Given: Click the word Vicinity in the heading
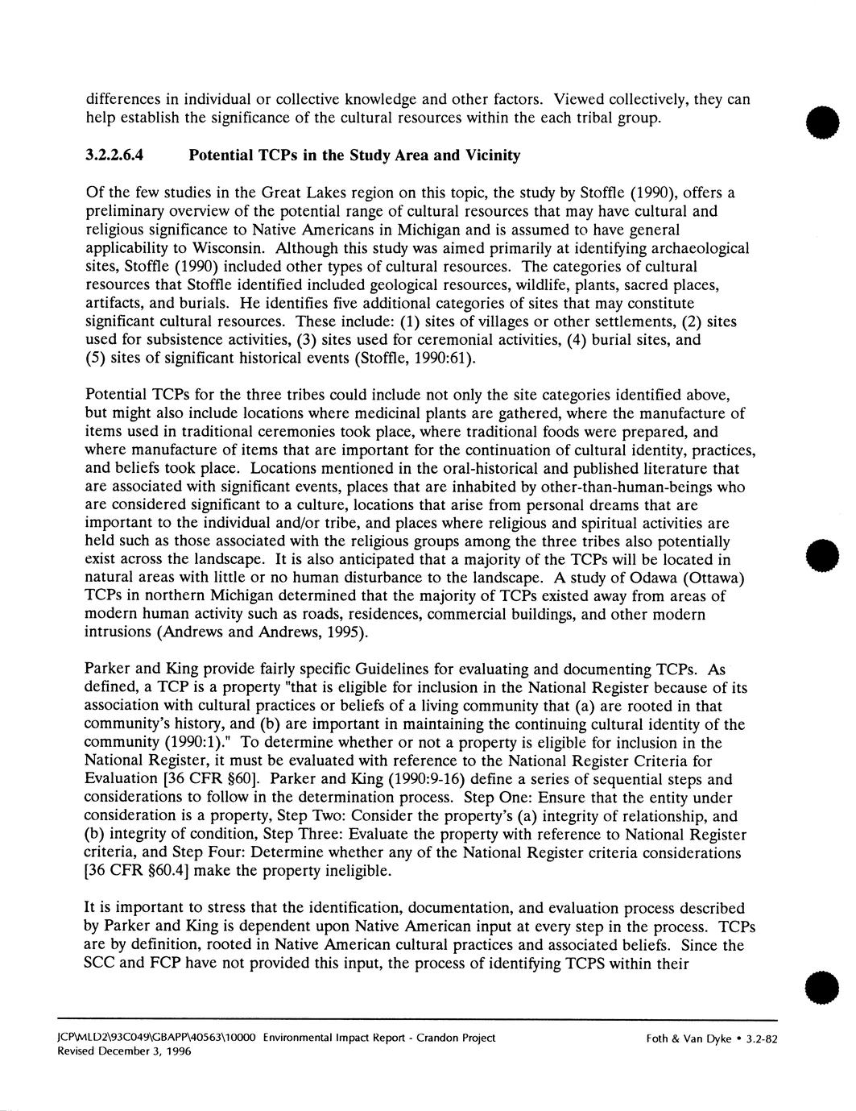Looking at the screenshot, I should click(x=490, y=155).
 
